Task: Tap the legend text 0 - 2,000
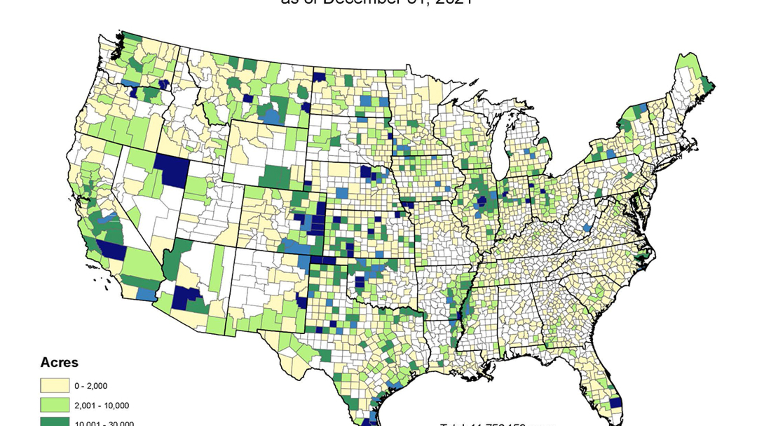91,386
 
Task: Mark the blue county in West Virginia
587,227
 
